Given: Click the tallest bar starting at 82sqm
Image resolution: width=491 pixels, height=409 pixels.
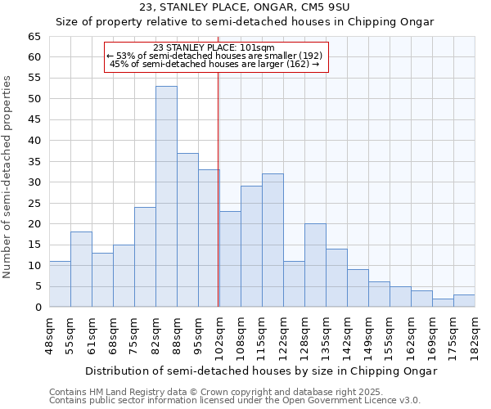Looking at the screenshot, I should (x=166, y=196).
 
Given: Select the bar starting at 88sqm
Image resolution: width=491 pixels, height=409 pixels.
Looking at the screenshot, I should (x=187, y=230).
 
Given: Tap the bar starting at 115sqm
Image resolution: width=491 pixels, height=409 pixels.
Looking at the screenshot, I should (x=273, y=240).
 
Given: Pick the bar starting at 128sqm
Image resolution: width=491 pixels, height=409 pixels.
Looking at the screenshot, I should (x=315, y=265).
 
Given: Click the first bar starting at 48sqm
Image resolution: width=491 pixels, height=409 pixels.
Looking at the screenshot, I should (x=60, y=284).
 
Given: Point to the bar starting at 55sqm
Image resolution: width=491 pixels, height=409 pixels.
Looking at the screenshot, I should (x=81, y=269).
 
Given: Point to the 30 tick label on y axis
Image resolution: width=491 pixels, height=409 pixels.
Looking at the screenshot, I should (x=34, y=182).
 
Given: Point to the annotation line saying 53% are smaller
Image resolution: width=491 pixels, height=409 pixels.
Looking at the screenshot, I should (x=214, y=55).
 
